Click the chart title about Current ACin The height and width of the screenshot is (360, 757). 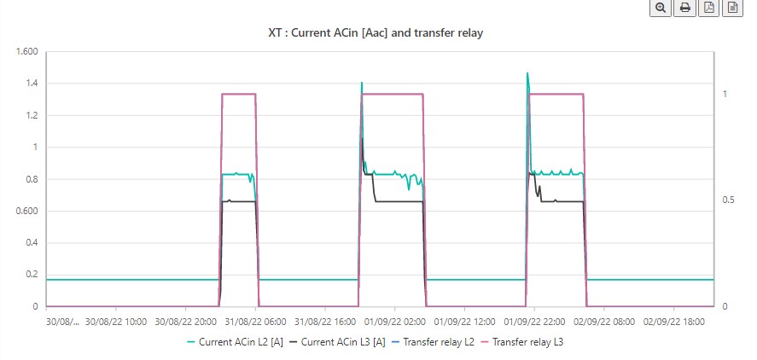[x=376, y=32]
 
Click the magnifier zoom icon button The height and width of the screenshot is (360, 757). [x=660, y=8]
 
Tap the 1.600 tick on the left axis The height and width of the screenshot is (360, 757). [x=26, y=51]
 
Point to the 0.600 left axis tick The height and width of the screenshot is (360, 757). [x=26, y=211]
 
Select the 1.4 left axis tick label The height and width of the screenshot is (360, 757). [x=31, y=84]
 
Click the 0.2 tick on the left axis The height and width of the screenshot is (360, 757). [x=31, y=275]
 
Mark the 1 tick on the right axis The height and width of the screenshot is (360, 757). [x=724, y=94]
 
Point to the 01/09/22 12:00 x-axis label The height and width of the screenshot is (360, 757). [x=463, y=322]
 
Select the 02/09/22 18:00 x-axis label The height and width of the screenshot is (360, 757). [x=673, y=322]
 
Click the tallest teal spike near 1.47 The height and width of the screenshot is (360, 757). [x=527, y=74]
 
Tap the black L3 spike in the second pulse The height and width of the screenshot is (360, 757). [x=362, y=138]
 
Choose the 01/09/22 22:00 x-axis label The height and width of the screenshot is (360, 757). [x=534, y=322]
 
